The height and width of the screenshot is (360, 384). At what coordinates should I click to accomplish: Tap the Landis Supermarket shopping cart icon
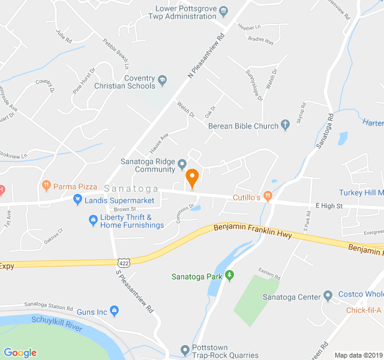77,199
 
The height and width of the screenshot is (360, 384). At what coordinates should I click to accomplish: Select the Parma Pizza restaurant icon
46,186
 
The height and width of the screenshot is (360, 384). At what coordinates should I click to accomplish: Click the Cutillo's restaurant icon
268,196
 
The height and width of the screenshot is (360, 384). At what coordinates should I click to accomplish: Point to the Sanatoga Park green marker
229,276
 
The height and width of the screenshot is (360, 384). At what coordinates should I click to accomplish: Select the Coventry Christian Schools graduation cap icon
162,79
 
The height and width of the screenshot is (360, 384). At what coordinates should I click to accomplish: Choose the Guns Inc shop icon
115,311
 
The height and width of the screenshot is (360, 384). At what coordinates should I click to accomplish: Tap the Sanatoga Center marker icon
328,296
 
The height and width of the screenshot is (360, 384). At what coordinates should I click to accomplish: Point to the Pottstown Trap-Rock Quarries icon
185,350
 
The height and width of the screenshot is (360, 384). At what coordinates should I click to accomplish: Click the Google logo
20,353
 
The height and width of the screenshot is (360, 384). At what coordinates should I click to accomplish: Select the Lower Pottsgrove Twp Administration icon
223,10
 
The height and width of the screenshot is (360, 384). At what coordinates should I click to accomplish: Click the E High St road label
329,206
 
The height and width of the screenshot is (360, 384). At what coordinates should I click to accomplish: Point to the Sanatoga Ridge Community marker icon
182,163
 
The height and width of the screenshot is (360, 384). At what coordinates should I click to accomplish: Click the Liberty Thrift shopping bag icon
93,221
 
